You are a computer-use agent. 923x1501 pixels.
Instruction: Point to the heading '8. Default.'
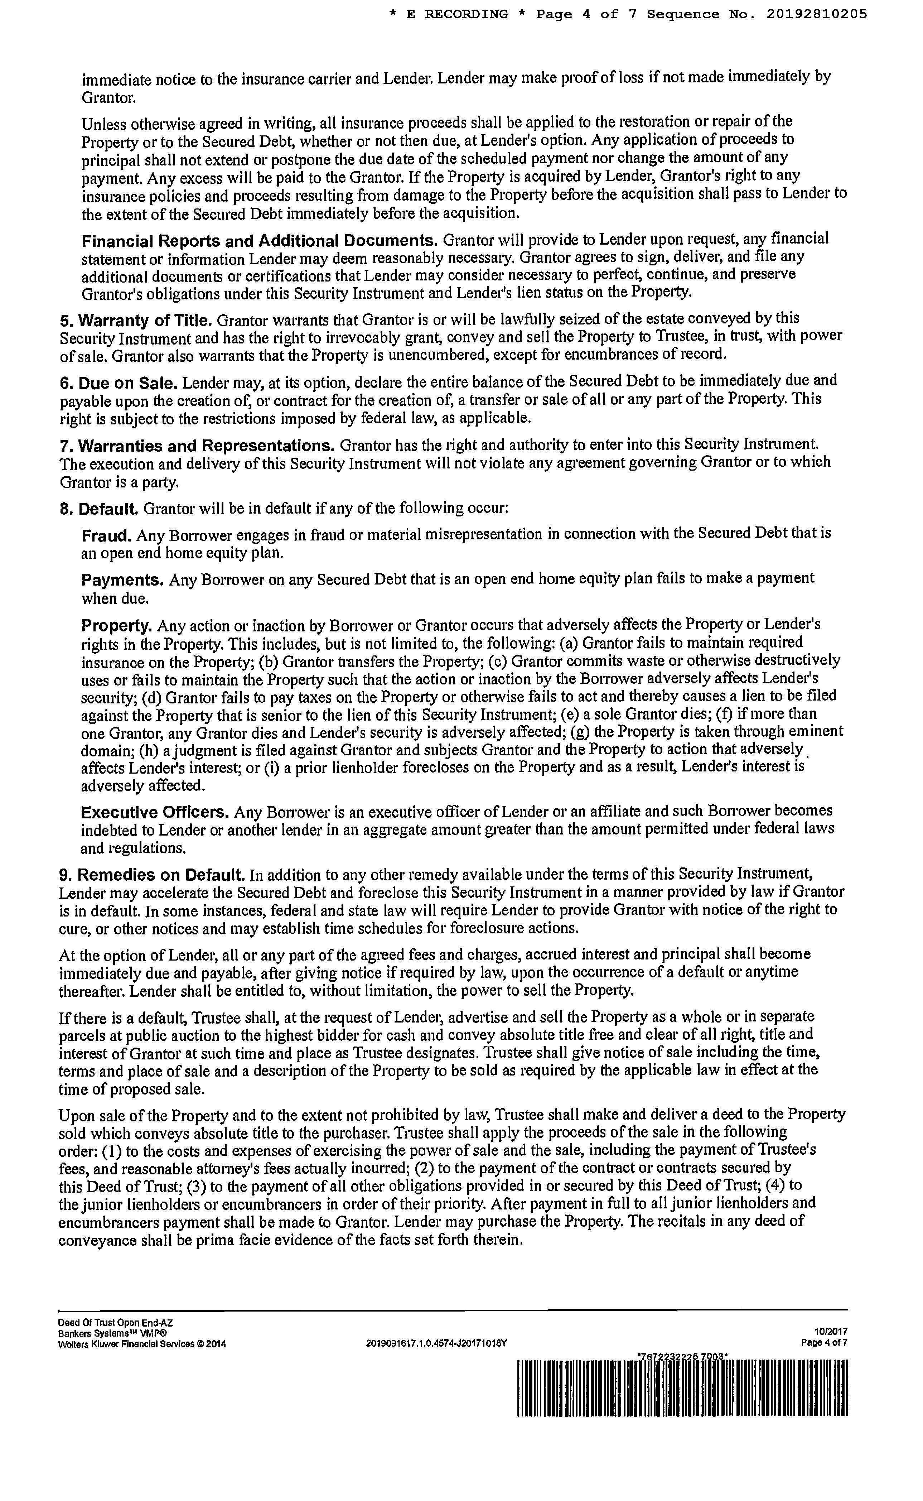[100, 509]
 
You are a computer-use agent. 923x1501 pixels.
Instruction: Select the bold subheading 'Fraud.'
[106, 535]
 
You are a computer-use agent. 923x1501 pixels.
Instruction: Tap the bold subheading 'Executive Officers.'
[155, 813]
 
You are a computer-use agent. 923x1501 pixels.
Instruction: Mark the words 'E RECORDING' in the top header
[456, 14]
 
